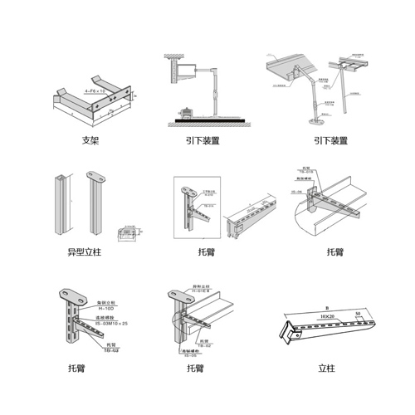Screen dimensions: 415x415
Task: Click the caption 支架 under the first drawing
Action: [90, 141]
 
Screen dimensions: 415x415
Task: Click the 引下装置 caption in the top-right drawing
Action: [324, 141]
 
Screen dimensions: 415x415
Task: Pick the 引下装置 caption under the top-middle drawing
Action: [203, 141]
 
